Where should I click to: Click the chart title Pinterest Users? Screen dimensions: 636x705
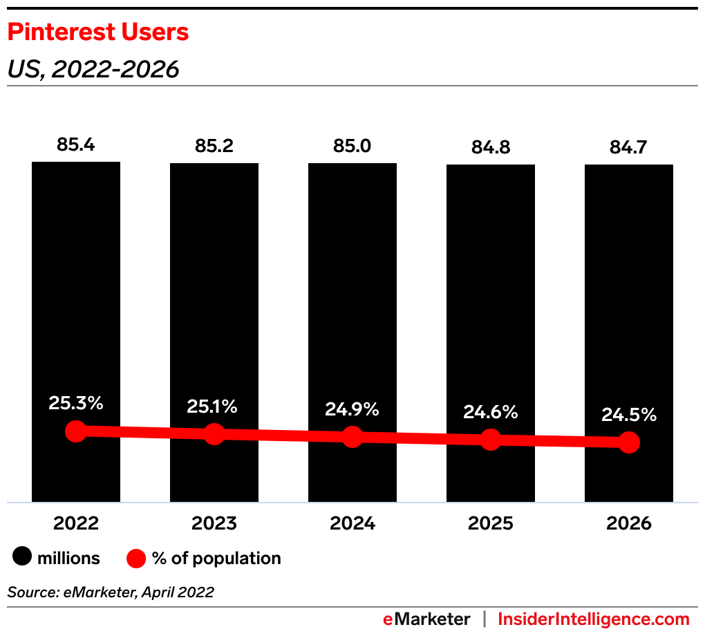(x=97, y=32)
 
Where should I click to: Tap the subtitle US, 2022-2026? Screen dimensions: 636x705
(x=93, y=69)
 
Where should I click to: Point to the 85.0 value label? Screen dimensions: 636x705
(x=352, y=147)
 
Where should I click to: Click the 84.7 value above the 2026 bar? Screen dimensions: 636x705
(x=629, y=148)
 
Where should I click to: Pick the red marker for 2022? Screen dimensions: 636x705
(x=76, y=431)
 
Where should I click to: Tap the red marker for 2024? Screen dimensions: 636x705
(x=352, y=437)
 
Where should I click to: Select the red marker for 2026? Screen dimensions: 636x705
(x=629, y=442)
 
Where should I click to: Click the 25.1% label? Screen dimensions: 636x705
(x=212, y=407)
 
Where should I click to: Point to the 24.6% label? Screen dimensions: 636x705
(x=490, y=413)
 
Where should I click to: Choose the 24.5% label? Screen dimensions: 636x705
(x=628, y=415)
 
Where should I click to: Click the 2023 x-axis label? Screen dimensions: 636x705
(x=214, y=523)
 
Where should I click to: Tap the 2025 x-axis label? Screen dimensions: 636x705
(x=491, y=523)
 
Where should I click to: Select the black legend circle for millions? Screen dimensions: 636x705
(x=21, y=558)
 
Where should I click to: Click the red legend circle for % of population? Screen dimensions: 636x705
(x=137, y=558)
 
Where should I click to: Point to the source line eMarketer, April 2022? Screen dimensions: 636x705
(x=111, y=592)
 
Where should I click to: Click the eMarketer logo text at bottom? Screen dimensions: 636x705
(x=426, y=619)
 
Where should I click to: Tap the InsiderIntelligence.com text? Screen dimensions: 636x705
(x=594, y=619)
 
